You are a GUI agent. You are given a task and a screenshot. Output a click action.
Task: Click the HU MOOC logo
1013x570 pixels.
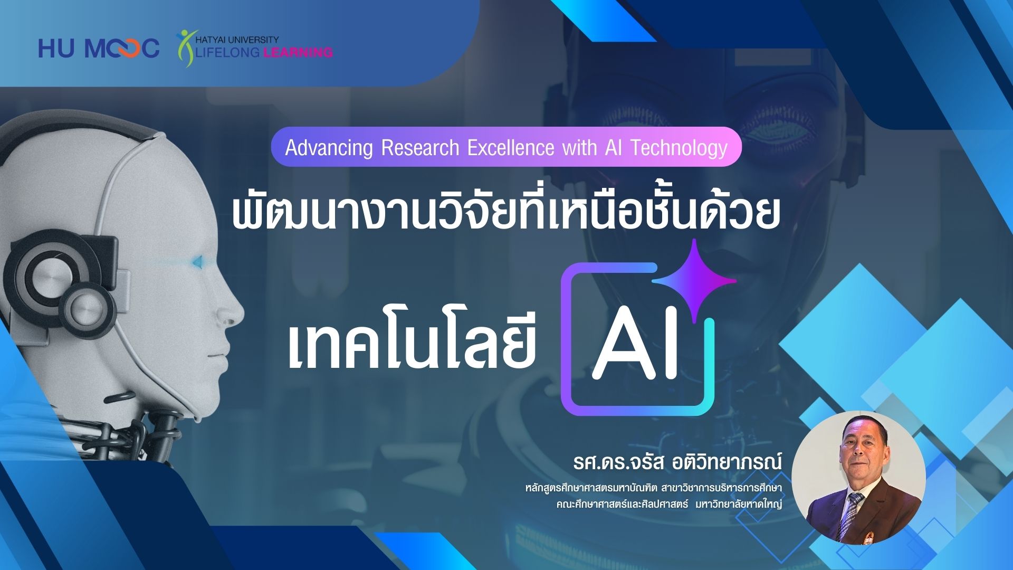(99, 49)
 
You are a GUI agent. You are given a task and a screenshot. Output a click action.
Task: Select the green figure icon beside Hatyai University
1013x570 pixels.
(186, 48)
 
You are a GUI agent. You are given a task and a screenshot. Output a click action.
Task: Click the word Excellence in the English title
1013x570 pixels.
(511, 148)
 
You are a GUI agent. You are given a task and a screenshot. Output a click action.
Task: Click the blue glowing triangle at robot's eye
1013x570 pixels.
(197, 261)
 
